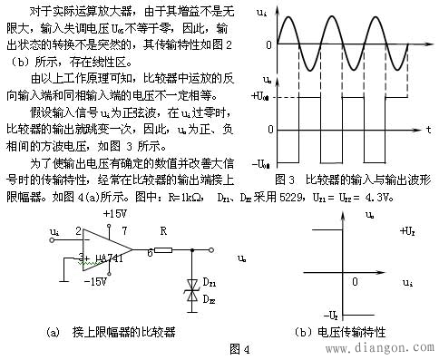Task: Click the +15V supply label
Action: (115, 213)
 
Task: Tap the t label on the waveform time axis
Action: (426, 106)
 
